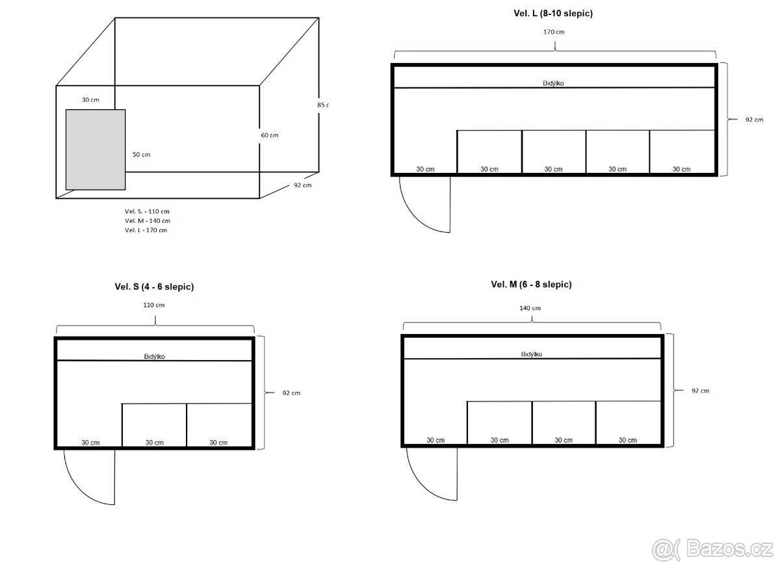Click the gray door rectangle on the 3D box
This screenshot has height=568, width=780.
tap(96, 150)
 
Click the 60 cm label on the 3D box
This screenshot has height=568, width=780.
tap(270, 135)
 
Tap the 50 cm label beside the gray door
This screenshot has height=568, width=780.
tap(142, 154)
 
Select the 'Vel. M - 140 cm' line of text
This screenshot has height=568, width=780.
tap(148, 221)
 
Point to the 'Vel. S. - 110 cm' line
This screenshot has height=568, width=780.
tap(148, 211)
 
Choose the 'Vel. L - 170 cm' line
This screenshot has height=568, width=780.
tap(146, 230)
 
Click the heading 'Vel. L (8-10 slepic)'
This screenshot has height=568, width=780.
tap(553, 14)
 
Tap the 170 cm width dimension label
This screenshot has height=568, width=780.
tap(554, 32)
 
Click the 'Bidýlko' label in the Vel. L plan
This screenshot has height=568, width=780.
tap(553, 83)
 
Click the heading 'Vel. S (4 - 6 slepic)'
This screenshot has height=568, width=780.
tap(154, 287)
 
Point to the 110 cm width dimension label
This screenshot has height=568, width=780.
tap(154, 305)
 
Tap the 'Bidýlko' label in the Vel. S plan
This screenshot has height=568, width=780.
tap(155, 356)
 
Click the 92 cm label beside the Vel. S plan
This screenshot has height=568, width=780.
tap(291, 393)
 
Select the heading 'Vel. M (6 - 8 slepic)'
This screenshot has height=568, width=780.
tap(532, 285)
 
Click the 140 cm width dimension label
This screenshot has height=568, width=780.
tap(530, 308)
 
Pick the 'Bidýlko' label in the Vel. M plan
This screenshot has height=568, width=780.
tap(532, 354)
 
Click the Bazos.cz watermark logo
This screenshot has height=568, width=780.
tap(712, 550)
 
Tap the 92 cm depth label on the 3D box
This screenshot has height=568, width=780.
tap(303, 185)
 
